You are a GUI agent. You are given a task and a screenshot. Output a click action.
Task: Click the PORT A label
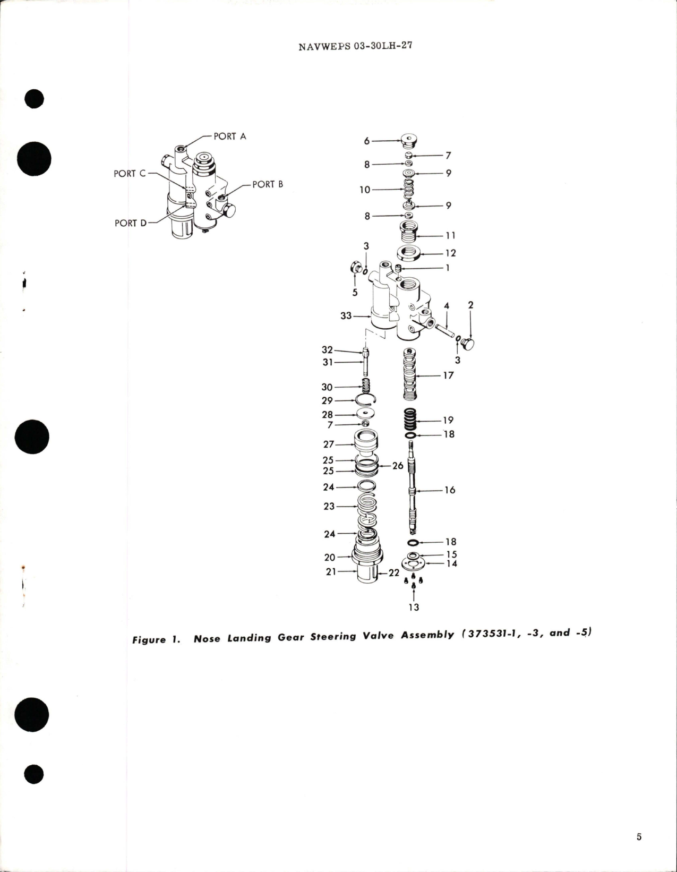point(229,136)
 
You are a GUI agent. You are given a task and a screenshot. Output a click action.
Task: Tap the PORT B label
point(268,184)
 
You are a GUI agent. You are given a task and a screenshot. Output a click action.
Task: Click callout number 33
point(346,315)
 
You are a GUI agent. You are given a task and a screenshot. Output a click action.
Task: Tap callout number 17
point(448,375)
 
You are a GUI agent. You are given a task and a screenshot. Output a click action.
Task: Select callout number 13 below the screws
point(414,607)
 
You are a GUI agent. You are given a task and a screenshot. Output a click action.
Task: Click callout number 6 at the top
point(366,141)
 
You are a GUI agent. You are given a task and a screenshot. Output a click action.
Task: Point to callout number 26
point(398,466)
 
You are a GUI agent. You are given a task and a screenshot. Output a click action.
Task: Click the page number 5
point(639,837)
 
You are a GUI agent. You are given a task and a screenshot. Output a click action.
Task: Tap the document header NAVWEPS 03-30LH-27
point(355,46)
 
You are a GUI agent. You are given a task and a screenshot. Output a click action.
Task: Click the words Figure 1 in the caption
point(156,639)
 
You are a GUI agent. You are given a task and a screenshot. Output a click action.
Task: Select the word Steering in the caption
point(333,637)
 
